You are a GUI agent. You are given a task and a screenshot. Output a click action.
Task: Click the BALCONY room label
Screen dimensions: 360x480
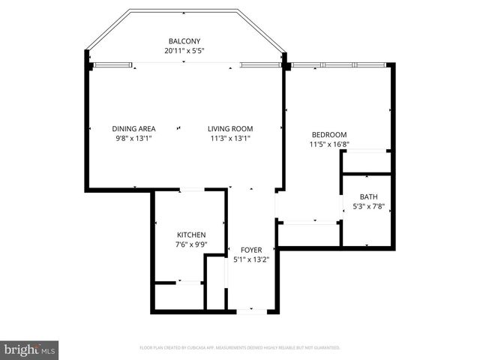pyautogui.click(x=184, y=40)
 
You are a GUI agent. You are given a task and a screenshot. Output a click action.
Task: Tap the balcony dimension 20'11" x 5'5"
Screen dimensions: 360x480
pyautogui.click(x=184, y=50)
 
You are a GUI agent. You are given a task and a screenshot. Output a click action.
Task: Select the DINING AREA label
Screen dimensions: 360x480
pyautogui.click(x=133, y=128)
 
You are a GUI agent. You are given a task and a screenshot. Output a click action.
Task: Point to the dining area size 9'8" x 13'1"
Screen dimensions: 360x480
pyautogui.click(x=133, y=138)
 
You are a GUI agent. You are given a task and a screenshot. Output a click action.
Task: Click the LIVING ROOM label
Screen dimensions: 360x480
pyautogui.click(x=230, y=128)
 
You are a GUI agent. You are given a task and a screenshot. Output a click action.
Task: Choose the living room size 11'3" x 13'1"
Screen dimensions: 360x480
pyautogui.click(x=230, y=138)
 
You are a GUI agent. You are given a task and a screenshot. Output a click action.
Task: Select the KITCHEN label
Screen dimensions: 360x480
pyautogui.click(x=190, y=235)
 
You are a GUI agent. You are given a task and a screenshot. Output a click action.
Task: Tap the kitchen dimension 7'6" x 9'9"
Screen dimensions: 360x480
pyautogui.click(x=190, y=244)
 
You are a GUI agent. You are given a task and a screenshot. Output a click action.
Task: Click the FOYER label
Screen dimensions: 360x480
pyautogui.click(x=251, y=250)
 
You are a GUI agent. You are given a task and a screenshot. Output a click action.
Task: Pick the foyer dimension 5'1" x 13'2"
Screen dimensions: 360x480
pyautogui.click(x=251, y=259)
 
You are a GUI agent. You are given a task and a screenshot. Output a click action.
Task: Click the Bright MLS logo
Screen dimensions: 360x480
pyautogui.click(x=30, y=349)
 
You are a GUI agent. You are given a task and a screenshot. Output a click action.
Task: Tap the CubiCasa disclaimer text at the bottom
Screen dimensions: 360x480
pyautogui.click(x=240, y=348)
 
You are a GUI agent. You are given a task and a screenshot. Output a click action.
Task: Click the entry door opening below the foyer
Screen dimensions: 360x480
pyautogui.click(x=252, y=310)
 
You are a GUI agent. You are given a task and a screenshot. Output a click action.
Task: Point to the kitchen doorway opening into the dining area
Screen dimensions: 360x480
pyautogui.click(x=191, y=190)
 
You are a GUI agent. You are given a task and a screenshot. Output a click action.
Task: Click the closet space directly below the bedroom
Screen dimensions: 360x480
pyautogui.click(x=309, y=234)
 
